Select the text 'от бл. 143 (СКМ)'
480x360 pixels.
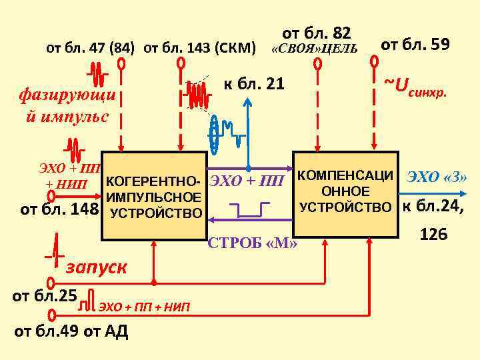click(x=199, y=48)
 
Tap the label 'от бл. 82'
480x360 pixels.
click(x=316, y=33)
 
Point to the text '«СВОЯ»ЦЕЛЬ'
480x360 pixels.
click(x=314, y=49)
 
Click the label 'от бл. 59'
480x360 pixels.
click(x=415, y=45)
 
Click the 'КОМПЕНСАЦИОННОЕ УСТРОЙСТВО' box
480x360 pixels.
click(x=345, y=193)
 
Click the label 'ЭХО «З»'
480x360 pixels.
click(x=437, y=177)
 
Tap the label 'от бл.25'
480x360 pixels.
click(x=45, y=294)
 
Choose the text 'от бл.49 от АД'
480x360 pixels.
click(x=71, y=331)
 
